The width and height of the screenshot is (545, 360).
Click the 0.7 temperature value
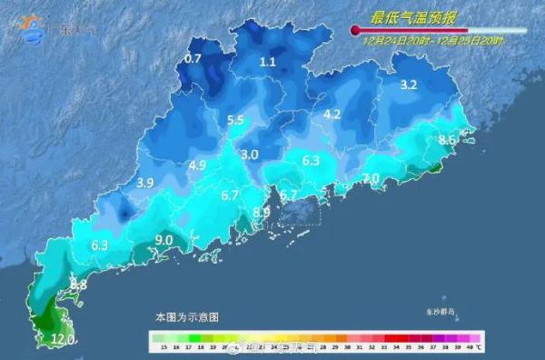pos(193,59)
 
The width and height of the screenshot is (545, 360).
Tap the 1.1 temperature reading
pos(267,62)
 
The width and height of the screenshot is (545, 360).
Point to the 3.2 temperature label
pos(408,85)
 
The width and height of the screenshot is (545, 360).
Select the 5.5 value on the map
pos(235,120)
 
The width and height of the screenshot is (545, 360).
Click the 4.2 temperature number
pos(332,115)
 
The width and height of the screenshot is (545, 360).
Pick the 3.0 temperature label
pos(250,155)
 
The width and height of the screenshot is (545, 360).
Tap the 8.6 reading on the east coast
pos(447,140)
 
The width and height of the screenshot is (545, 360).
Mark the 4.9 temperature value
pos(197,165)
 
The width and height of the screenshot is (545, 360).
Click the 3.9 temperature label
pos(144,183)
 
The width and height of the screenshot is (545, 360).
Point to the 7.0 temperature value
pos(370,178)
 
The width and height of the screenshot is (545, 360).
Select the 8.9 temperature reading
pos(262,212)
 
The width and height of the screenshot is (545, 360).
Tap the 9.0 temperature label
pos(164,239)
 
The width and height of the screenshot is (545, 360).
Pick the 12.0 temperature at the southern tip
pos(62,340)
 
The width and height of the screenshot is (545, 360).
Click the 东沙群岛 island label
pos(448,313)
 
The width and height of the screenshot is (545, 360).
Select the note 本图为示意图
pos(186,317)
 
